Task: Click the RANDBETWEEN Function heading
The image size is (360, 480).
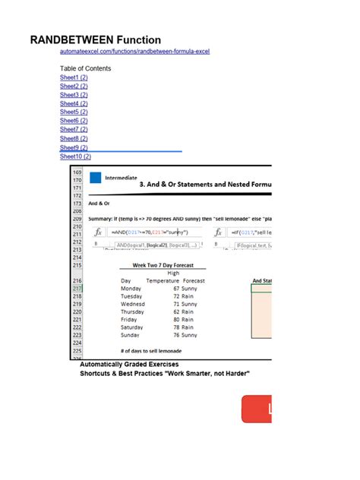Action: [x=95, y=39]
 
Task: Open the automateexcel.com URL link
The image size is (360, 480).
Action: [x=134, y=52]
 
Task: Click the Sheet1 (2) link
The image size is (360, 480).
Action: [x=74, y=77]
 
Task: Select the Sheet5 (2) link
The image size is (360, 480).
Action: [x=74, y=112]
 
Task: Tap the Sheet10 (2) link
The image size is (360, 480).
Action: [x=75, y=156]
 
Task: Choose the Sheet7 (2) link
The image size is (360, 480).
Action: [x=74, y=130]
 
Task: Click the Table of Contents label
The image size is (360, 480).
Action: [x=85, y=68]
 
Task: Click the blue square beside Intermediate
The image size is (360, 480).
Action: [x=96, y=178]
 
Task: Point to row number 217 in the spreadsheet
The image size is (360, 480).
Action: [x=77, y=289]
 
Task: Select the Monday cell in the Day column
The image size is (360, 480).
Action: [x=131, y=289]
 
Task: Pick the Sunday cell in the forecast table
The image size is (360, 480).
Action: [x=131, y=334]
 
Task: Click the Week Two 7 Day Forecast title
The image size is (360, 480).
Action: [x=163, y=265]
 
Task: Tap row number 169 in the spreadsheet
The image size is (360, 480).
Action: [x=77, y=172]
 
